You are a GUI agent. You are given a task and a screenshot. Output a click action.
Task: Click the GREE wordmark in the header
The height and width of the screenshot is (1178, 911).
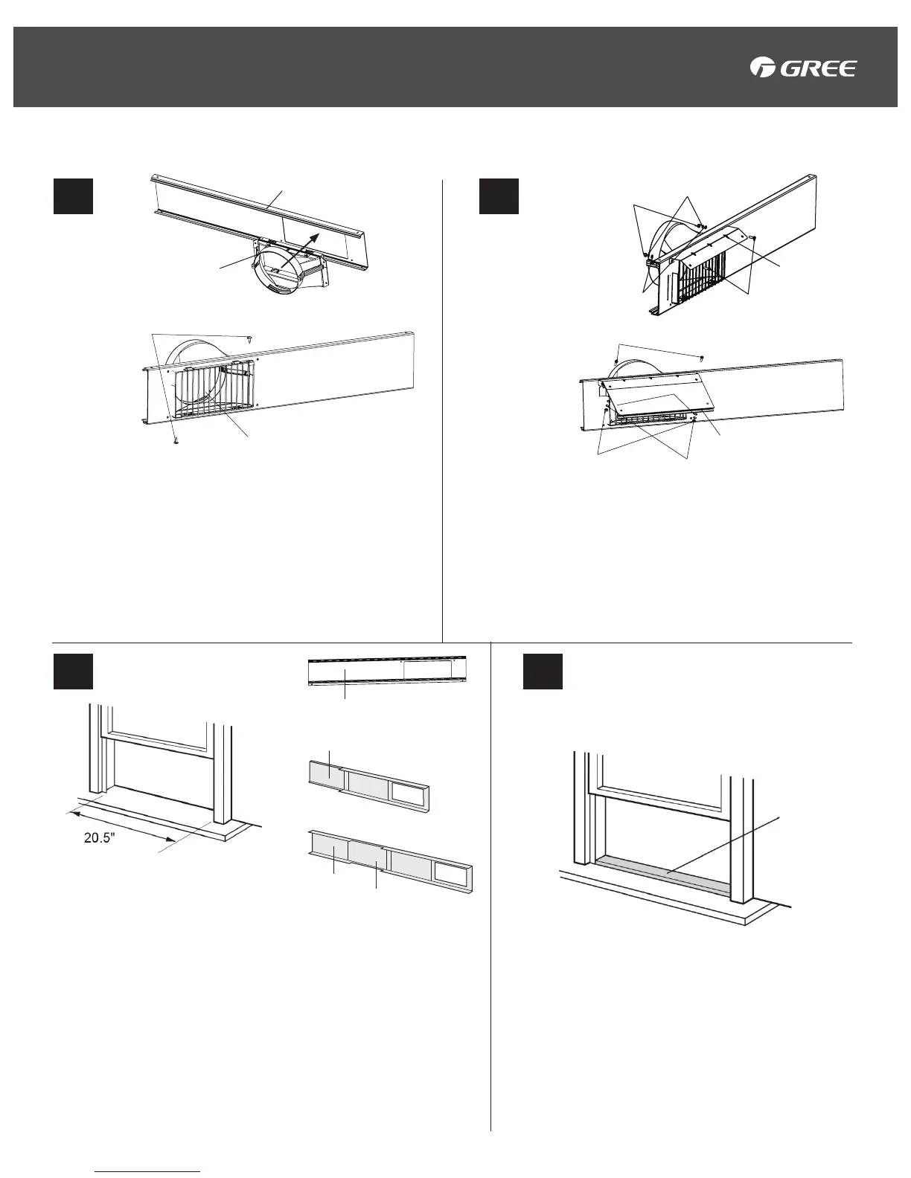coord(819,69)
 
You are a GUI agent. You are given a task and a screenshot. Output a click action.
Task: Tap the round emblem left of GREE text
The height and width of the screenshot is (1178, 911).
coord(763,68)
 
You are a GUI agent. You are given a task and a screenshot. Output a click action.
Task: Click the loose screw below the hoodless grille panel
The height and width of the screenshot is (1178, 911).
coord(176,440)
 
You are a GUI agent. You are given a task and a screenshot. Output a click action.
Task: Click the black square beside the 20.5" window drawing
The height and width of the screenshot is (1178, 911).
coord(73,672)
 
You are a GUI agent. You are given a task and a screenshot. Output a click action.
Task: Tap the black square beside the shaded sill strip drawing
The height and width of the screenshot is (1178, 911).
coord(543,672)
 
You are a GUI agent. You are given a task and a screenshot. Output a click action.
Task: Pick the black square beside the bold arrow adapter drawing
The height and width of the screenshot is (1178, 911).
coord(73,196)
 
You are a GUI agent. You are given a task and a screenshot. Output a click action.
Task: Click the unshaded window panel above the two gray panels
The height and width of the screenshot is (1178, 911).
coord(387,672)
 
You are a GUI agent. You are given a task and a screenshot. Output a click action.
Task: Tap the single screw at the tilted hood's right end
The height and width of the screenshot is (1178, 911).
coord(753,237)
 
